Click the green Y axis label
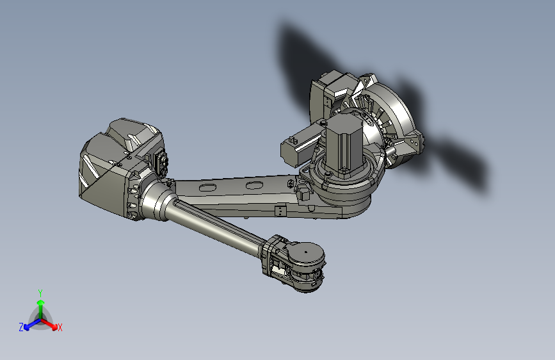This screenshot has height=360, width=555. (40, 292)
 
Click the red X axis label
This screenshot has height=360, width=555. (60, 327)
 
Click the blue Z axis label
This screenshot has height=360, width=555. (21, 327)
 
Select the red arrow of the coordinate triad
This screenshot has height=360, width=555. (51, 323)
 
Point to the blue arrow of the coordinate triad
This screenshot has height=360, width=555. (29, 324)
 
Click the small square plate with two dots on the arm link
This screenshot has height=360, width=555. (280, 210)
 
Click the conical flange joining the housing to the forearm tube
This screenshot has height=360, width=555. (152, 200)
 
